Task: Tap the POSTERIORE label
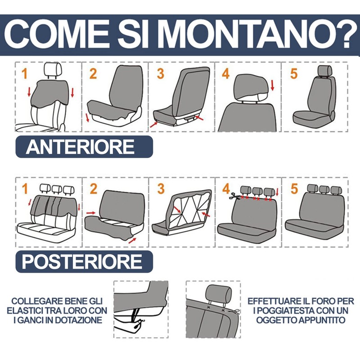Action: pos(82,261)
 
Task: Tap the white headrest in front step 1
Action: pos(54,70)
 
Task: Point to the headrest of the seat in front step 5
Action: pos(325,71)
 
